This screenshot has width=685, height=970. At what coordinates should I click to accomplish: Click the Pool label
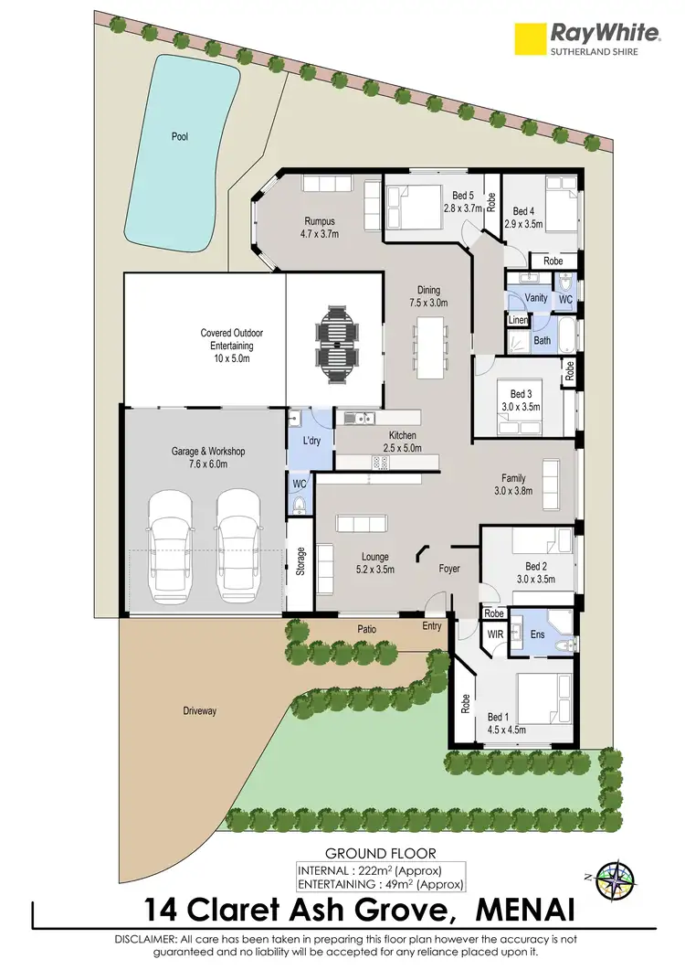[179, 137]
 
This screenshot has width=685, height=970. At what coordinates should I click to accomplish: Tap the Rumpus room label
[320, 221]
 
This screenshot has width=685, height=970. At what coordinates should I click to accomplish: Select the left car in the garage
[171, 548]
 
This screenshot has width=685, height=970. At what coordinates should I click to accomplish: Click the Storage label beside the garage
[300, 561]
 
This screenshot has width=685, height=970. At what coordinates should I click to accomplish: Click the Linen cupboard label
[518, 320]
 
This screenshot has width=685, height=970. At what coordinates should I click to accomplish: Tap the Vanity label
[536, 298]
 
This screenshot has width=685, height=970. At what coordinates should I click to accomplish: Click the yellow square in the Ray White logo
[528, 38]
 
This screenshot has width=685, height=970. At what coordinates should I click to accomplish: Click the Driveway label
[199, 710]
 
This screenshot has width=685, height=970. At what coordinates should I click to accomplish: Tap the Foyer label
[448, 569]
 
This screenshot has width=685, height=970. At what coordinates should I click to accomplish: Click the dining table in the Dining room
[429, 347]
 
